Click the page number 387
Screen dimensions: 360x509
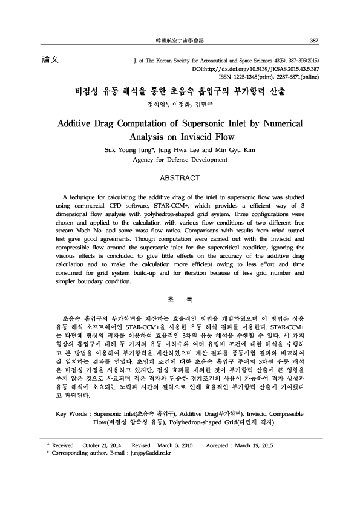click(313, 41)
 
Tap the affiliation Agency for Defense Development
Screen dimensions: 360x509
click(180, 160)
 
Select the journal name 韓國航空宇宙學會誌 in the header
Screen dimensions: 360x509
click(180, 41)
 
